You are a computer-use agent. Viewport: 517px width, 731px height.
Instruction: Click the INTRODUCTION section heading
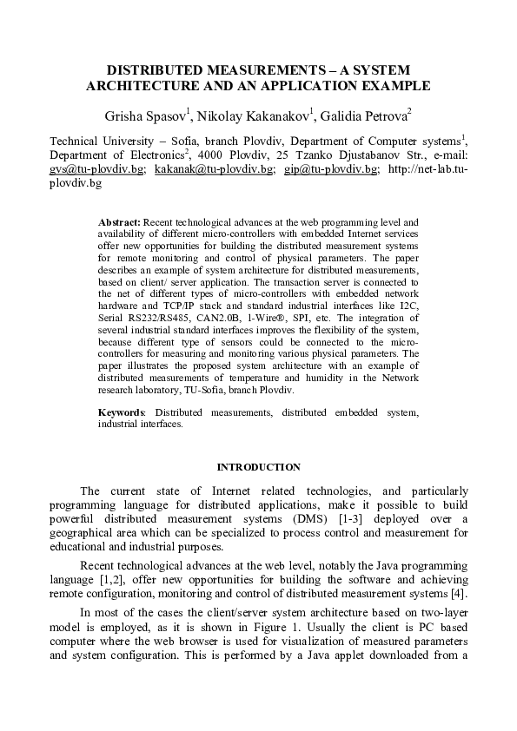[x=258, y=467]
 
